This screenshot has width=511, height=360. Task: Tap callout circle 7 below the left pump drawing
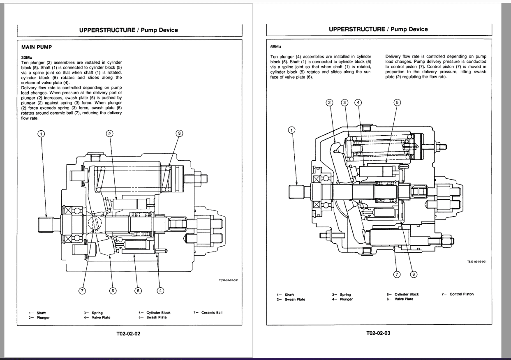coord(82,291)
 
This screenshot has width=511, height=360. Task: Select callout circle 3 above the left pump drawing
coord(179,133)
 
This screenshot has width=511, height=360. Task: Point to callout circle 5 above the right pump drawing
coord(397,102)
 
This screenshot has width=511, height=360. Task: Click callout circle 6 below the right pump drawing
coord(414,274)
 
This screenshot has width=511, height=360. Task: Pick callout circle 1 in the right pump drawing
coord(292,130)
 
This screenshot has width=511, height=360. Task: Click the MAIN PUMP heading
coord(37,47)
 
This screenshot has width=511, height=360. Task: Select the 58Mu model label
coord(276,47)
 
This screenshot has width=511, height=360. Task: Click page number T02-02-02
coord(129,334)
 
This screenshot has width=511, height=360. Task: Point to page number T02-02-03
coord(378,333)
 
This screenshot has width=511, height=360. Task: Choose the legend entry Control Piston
coord(461,294)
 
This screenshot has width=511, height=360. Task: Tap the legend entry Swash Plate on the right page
coord(295,299)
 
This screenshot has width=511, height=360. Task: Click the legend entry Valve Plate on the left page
coord(101,317)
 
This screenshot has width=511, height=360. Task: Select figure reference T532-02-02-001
coord(229,281)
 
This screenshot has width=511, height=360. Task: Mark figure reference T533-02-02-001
coord(477,261)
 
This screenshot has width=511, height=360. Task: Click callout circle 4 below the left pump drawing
coord(161,291)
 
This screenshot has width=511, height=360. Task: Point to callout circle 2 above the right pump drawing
coord(329,102)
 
